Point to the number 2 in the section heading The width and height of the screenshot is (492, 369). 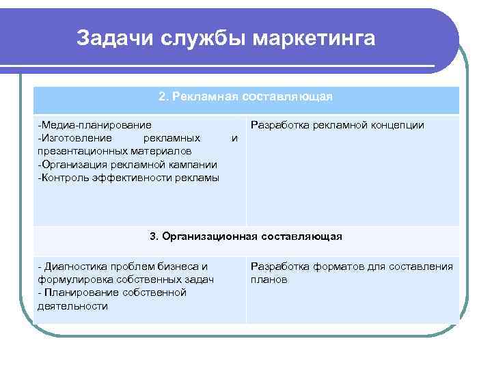pyautogui.click(x=162, y=97)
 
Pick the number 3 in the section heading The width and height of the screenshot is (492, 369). pyautogui.click(x=152, y=236)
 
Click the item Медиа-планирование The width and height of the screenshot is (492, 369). pyautogui.click(x=95, y=125)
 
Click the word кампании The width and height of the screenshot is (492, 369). pyautogui.click(x=195, y=164)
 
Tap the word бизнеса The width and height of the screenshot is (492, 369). pyautogui.click(x=185, y=266)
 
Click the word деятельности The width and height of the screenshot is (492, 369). pyautogui.click(x=72, y=306)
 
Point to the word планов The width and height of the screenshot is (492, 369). pyautogui.click(x=269, y=279)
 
